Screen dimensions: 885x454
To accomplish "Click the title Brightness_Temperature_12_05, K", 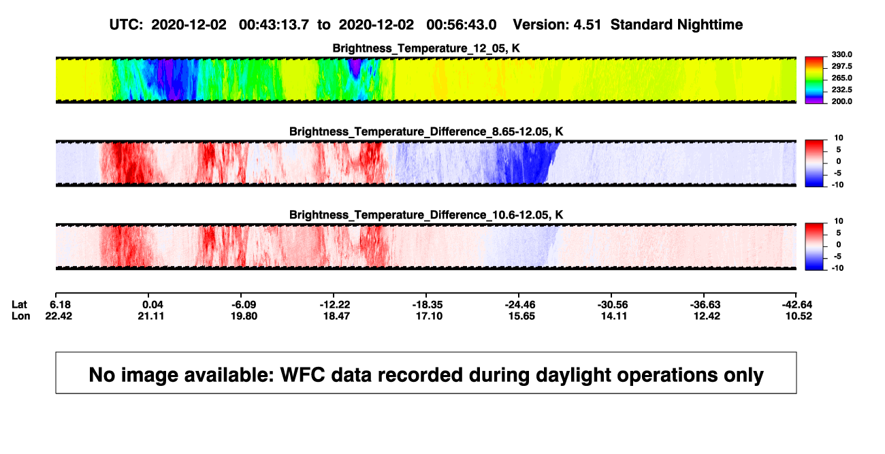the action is pos(426,48).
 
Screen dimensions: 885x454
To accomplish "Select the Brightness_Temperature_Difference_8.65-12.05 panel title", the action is pos(426,131).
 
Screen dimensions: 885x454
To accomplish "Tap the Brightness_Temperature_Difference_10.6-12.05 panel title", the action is pos(426,215).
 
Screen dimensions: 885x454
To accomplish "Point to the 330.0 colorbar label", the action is pos(841,54).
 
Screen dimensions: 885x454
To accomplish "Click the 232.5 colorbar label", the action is pos(841,90).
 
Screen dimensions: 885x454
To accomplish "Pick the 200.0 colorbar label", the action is pos(841,101).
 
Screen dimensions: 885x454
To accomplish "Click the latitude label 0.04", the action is pos(152,305).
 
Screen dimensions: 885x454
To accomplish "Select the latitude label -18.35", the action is pos(427,305).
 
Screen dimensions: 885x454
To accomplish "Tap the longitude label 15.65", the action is pos(521,316).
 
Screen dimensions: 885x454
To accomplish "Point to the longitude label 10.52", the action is pos(799,316).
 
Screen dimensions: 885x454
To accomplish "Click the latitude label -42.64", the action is pos(796,305).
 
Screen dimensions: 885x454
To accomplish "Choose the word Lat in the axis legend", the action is pos(19,305).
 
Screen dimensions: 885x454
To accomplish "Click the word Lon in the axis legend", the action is pos(20,316).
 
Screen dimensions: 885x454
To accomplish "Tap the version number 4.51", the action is pos(587,25).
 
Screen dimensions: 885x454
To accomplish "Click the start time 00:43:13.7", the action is pos(274,25).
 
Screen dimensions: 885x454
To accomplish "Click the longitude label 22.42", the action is pos(59,316).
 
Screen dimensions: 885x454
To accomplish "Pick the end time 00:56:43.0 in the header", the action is pos(461,25).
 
